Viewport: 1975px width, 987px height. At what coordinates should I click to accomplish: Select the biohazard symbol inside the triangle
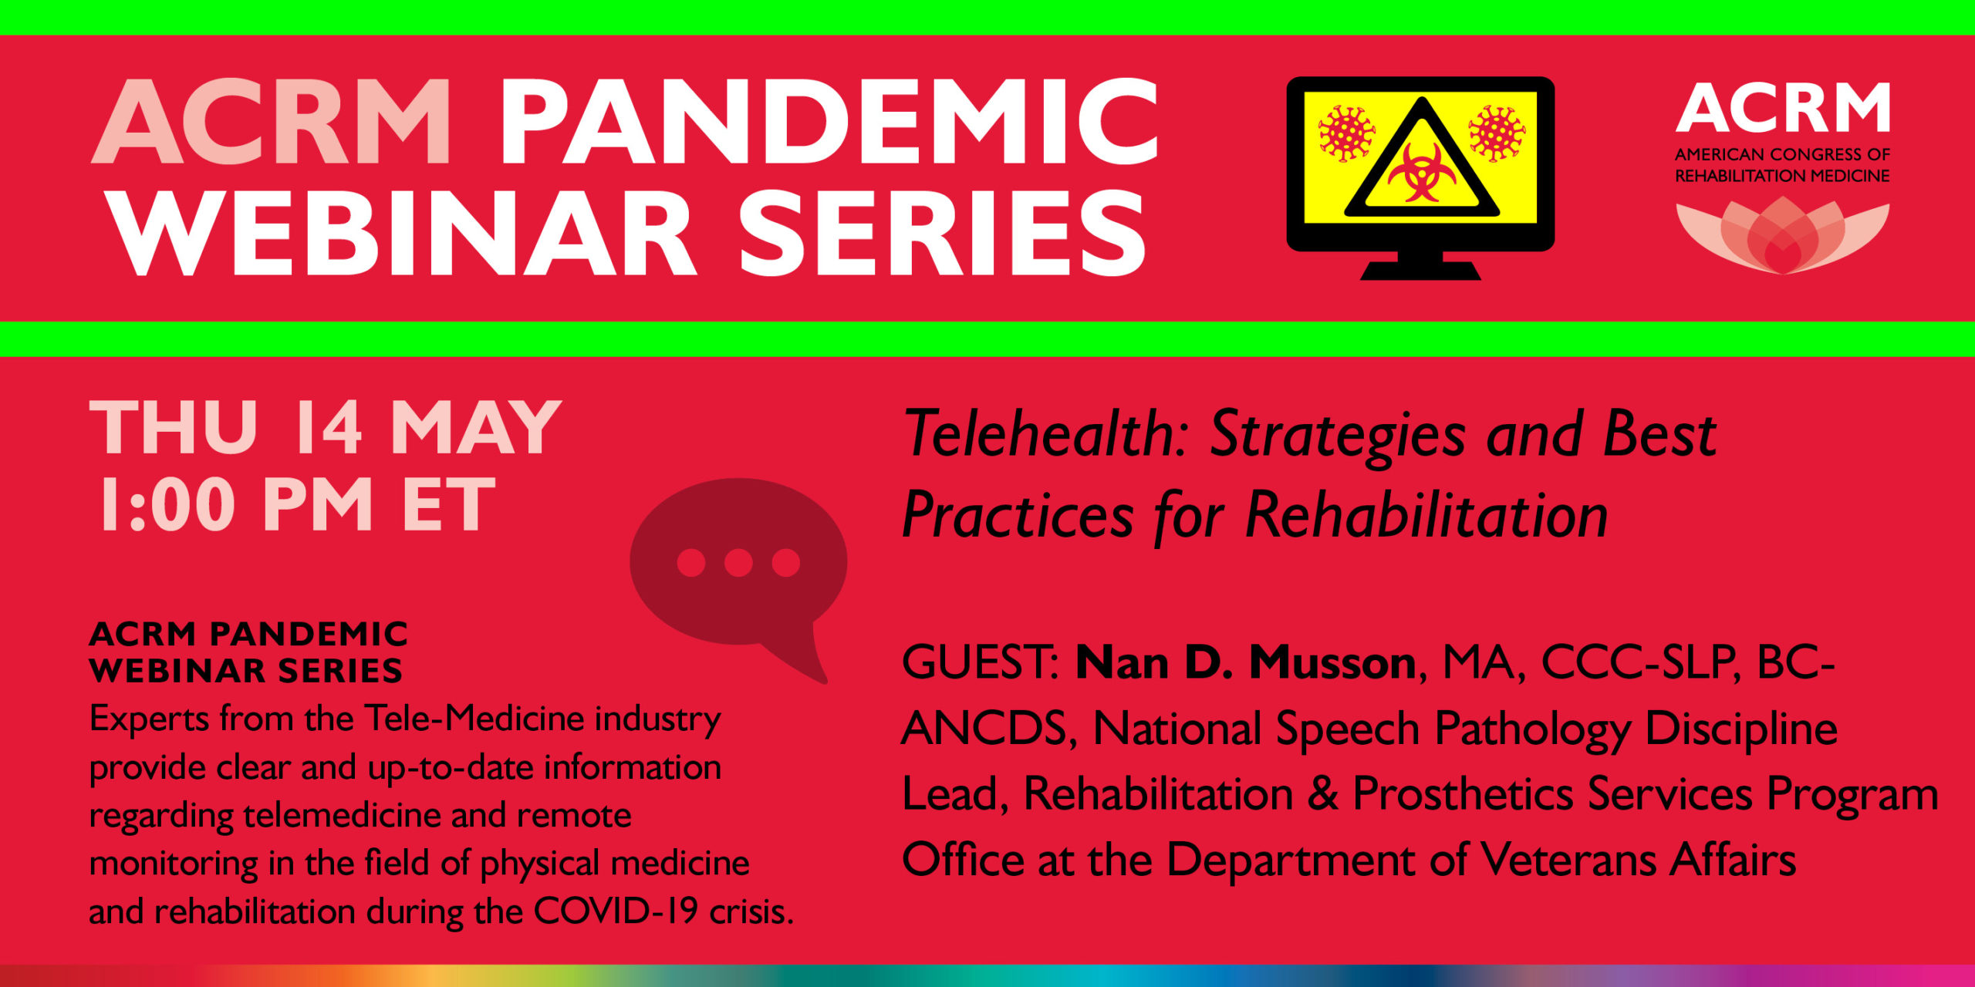pos(1421,173)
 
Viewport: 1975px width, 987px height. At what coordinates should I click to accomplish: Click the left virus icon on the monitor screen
pos(1346,133)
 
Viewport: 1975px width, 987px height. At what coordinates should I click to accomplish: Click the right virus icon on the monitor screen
pos(1497,133)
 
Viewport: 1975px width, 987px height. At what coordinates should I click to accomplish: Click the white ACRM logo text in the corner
pos(1782,108)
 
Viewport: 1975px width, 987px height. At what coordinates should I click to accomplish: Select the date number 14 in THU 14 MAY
pos(327,428)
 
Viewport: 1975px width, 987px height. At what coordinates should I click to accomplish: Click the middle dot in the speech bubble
pos(738,562)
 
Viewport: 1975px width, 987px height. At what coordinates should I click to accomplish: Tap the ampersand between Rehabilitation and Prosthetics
pos(1322,793)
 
